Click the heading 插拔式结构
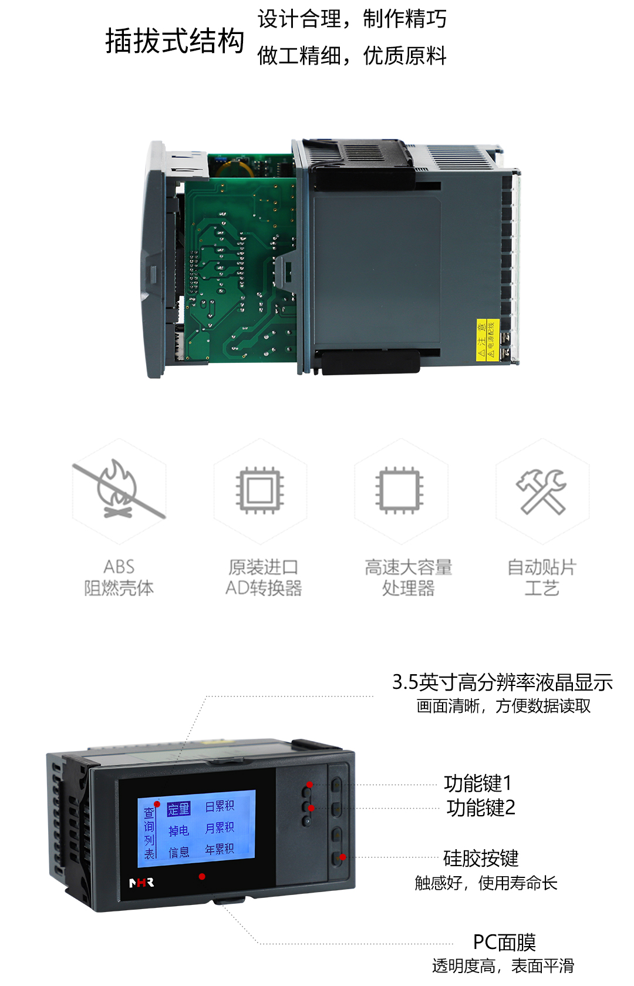click(x=174, y=41)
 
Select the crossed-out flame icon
click(x=119, y=489)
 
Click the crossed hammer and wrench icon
click(x=541, y=491)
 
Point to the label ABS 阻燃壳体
click(x=119, y=577)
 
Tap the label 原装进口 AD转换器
click(x=264, y=577)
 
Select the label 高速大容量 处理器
click(x=408, y=577)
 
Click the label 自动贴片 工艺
click(x=541, y=577)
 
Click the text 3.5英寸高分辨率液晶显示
click(x=502, y=682)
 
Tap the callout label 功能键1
click(x=478, y=783)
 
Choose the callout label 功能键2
click(x=481, y=808)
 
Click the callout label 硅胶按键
click(x=481, y=858)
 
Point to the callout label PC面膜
click(x=504, y=943)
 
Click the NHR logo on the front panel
click(x=141, y=882)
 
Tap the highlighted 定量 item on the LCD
click(x=178, y=809)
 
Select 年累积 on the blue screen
click(x=220, y=849)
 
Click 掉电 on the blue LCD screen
click(x=178, y=830)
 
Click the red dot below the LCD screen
click(x=202, y=876)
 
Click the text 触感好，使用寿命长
click(x=485, y=883)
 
